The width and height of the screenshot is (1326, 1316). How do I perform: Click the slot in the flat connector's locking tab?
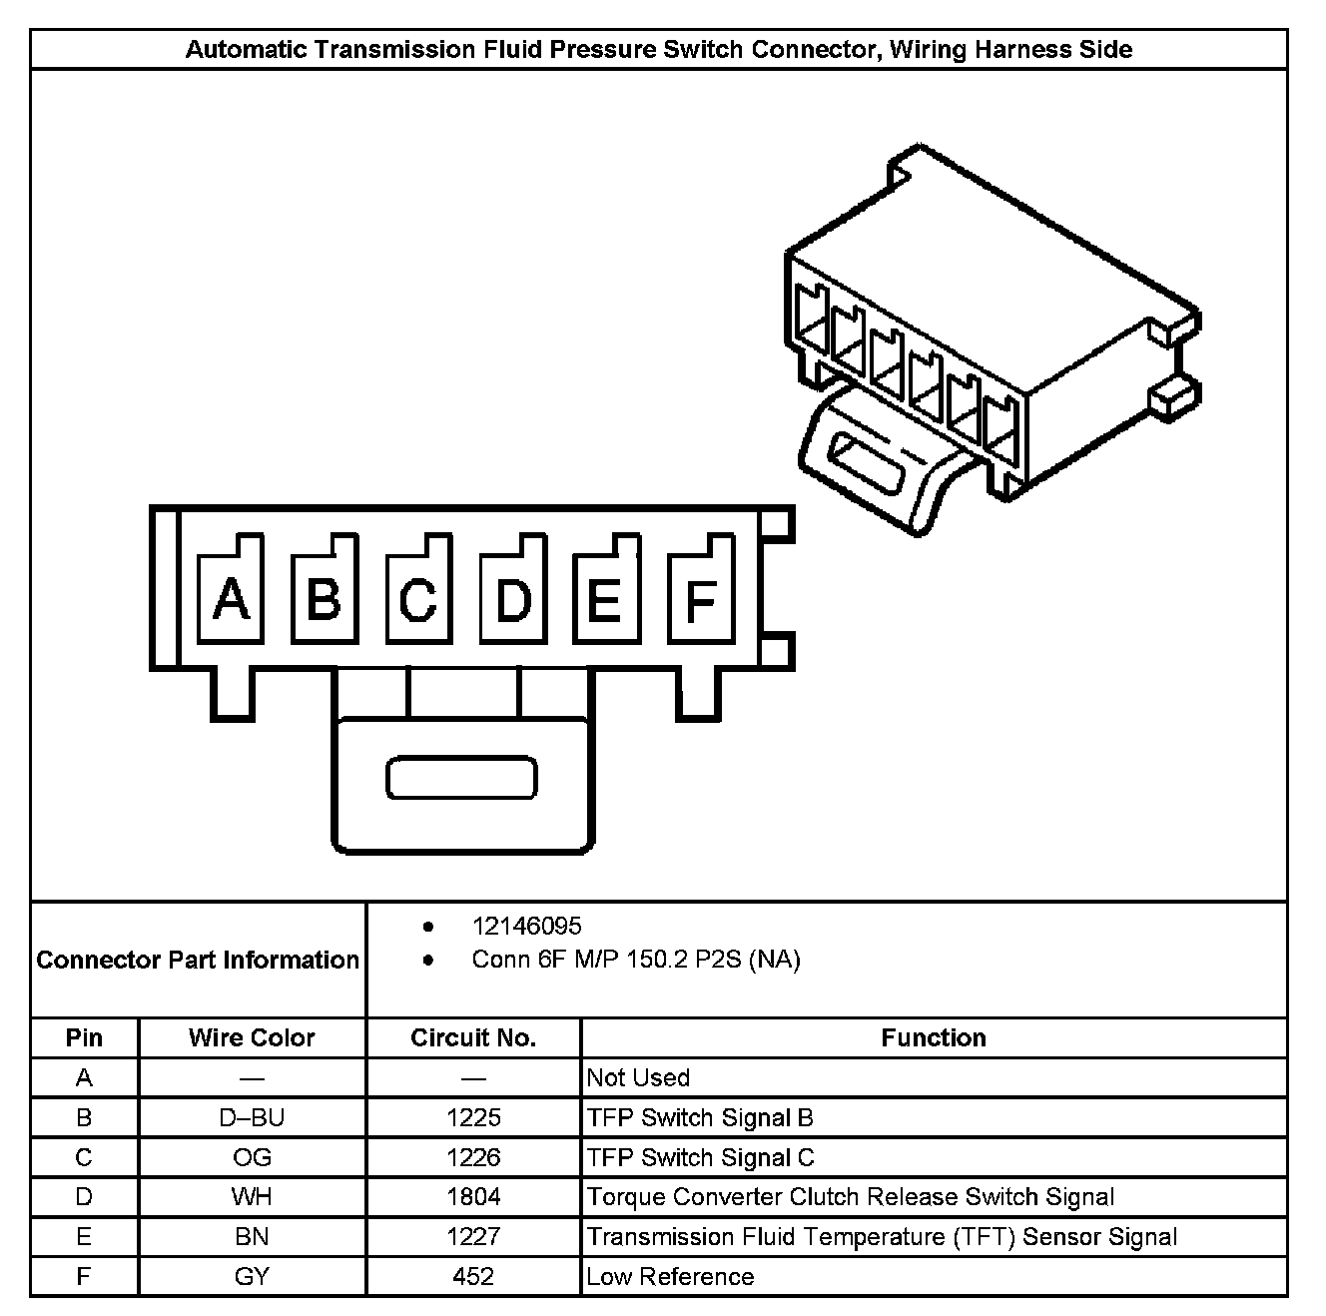[461, 779]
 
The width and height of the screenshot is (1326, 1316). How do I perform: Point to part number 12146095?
[526, 927]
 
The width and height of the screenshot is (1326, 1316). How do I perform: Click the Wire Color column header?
[252, 1038]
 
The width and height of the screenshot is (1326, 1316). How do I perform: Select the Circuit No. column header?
[473, 1038]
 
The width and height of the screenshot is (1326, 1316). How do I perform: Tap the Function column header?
[934, 1038]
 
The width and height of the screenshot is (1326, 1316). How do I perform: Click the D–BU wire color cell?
[252, 1118]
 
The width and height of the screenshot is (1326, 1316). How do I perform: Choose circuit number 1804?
[473, 1197]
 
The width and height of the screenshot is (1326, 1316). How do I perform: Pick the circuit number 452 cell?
[473, 1277]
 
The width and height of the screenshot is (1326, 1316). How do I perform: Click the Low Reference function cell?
[670, 1277]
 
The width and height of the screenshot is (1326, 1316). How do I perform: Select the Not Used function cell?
[638, 1078]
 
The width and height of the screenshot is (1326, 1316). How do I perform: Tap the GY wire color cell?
[252, 1277]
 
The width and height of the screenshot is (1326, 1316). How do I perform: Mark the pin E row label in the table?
[84, 1237]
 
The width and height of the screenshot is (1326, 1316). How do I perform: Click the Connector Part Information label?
[198, 961]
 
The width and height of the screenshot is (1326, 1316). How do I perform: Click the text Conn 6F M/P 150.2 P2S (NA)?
[636, 961]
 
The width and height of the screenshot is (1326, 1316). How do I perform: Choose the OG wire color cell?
[252, 1158]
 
